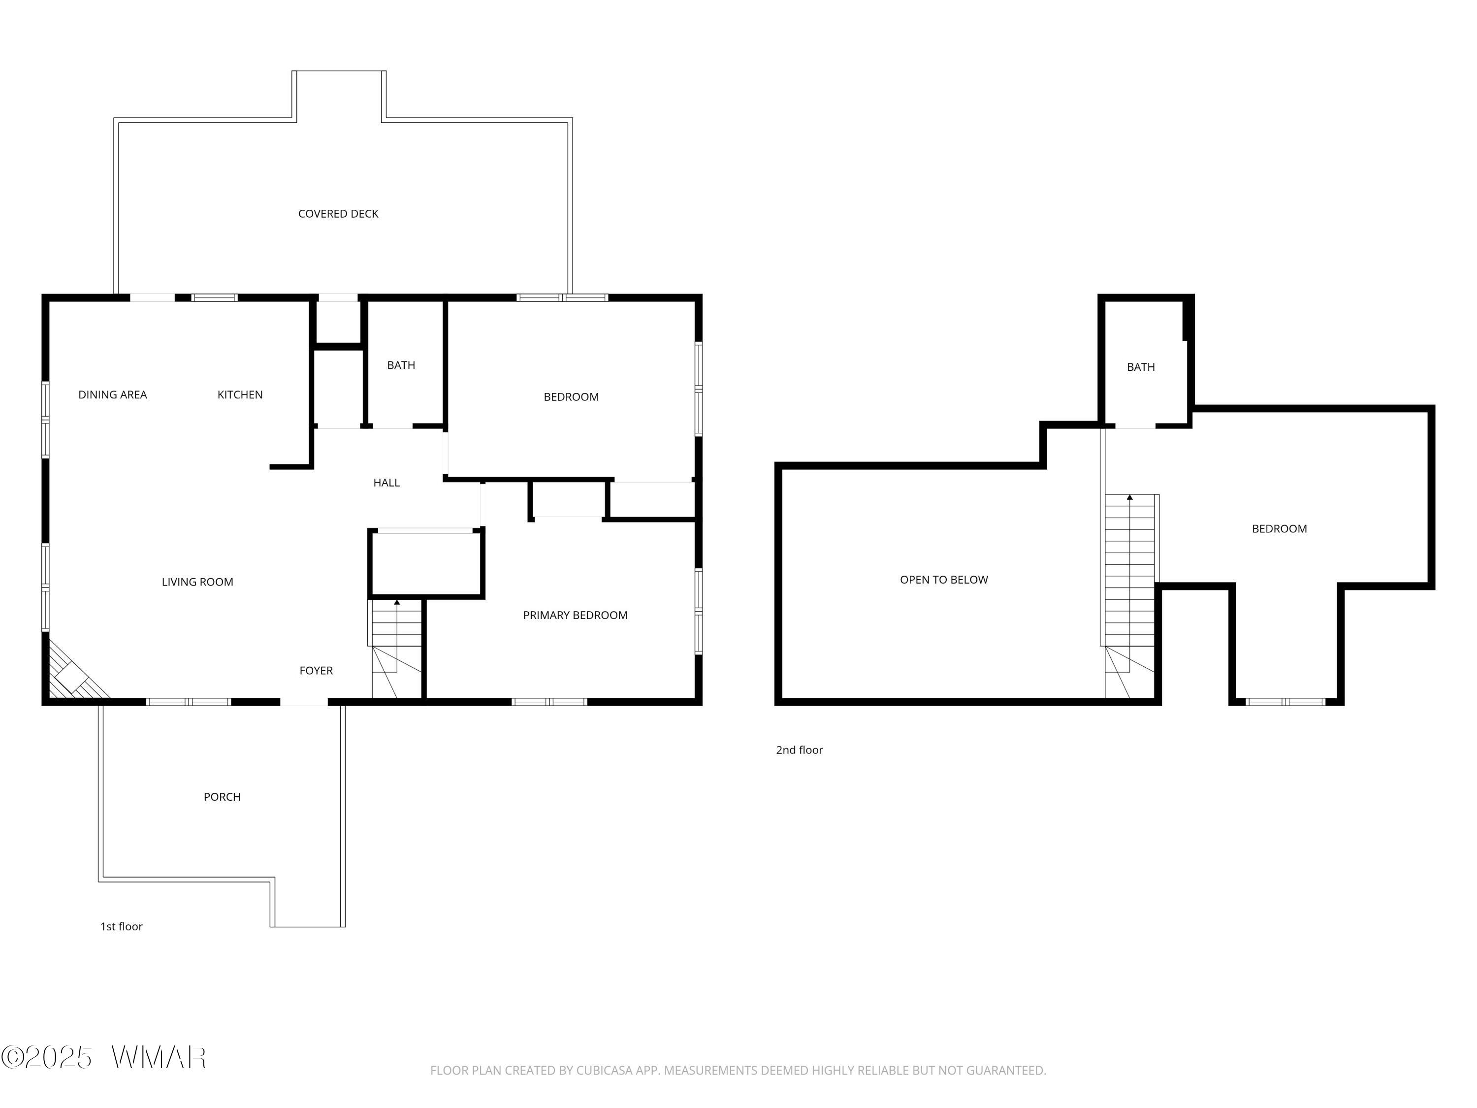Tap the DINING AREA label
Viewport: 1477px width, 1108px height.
click(112, 395)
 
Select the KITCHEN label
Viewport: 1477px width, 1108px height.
click(240, 395)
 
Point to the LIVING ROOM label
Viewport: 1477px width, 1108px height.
click(197, 582)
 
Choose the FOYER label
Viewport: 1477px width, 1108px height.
click(316, 671)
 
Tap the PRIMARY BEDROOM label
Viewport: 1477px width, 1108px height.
click(575, 615)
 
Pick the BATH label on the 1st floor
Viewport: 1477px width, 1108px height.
click(401, 365)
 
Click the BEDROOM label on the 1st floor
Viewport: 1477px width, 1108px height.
click(571, 397)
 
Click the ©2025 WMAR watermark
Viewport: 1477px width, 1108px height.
click(103, 1057)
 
